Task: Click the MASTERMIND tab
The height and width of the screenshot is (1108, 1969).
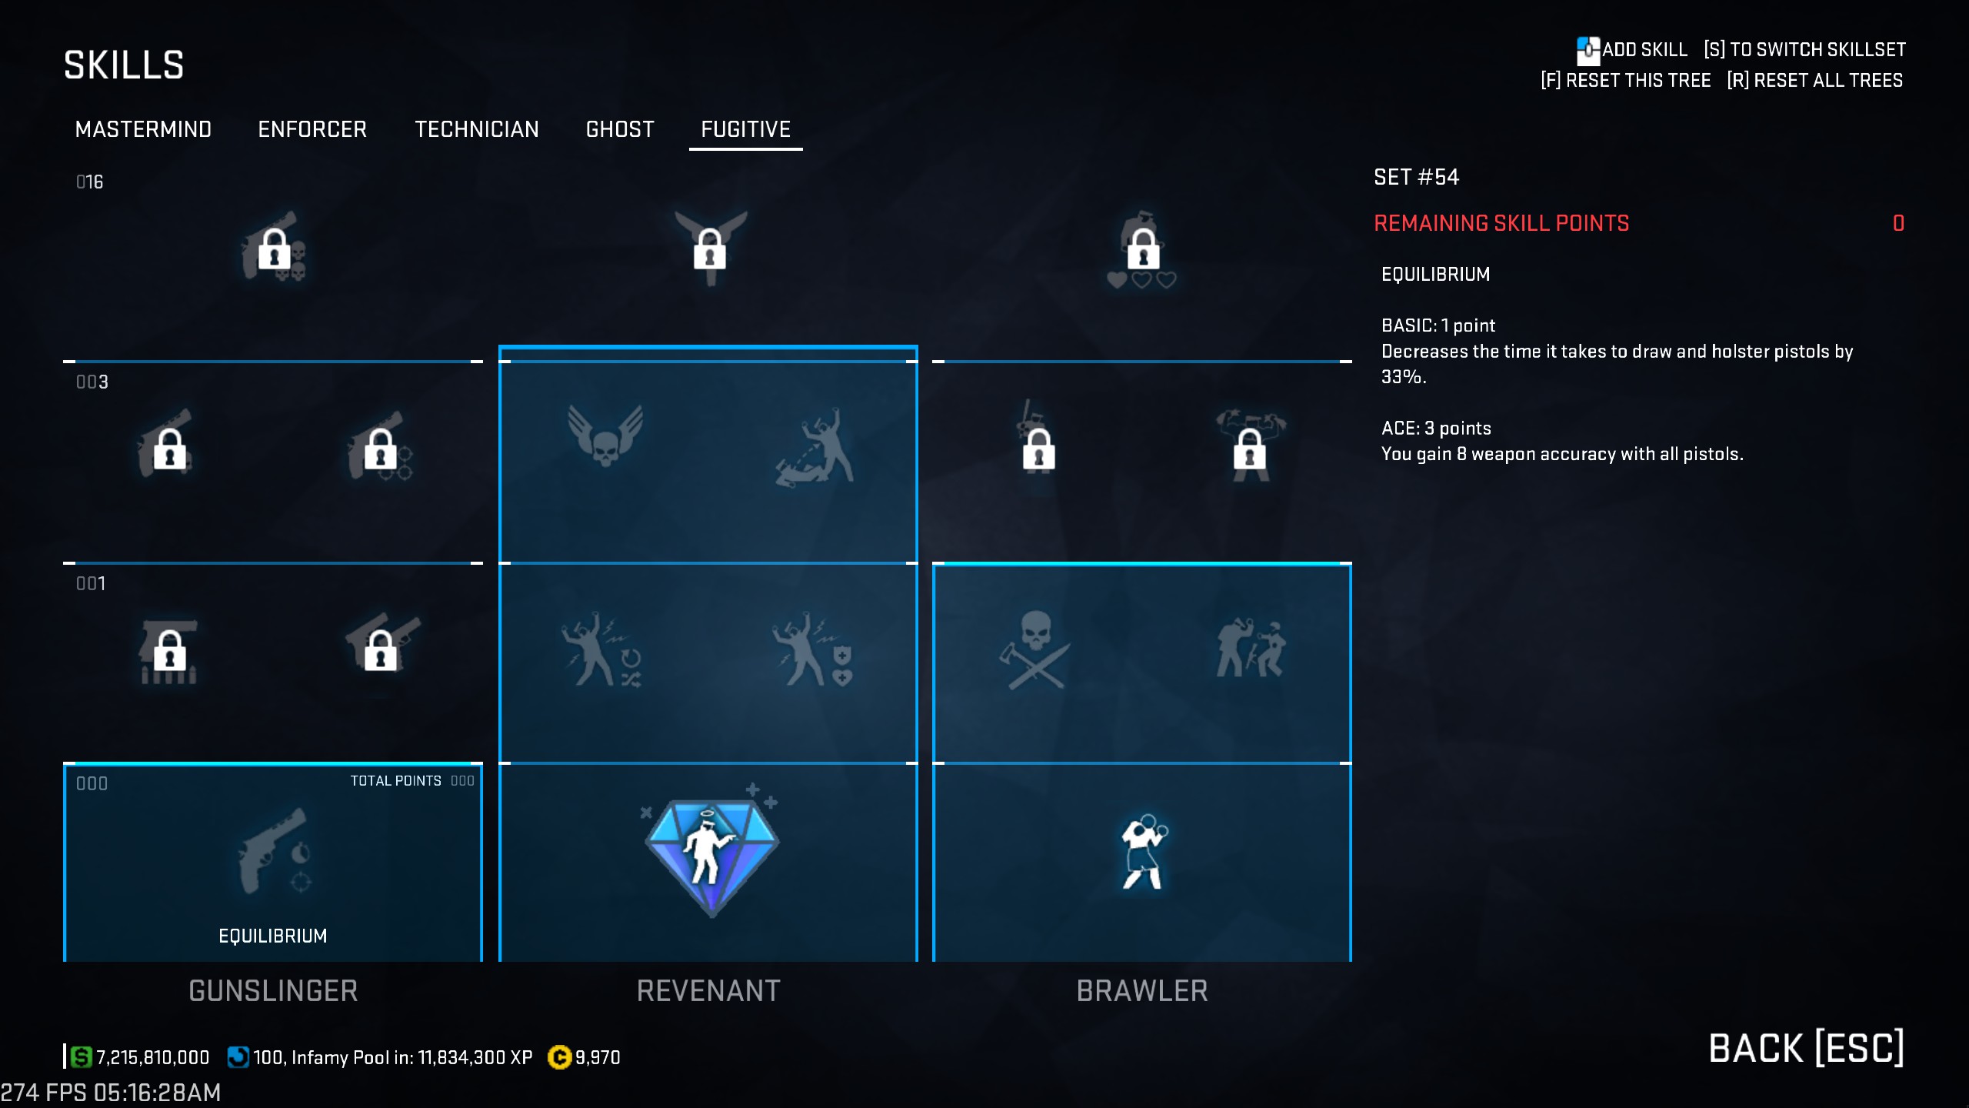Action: [x=143, y=129]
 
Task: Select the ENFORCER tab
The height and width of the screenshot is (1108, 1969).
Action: [x=312, y=129]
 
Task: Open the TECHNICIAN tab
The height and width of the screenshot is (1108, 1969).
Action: [x=477, y=129]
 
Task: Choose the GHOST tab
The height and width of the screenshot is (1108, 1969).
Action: [x=620, y=129]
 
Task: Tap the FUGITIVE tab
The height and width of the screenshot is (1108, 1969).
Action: [x=745, y=129]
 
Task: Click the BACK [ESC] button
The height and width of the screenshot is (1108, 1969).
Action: [x=1806, y=1049]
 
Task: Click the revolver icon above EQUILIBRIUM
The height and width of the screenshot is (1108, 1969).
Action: [x=273, y=850]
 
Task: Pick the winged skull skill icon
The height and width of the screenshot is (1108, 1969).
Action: [x=605, y=436]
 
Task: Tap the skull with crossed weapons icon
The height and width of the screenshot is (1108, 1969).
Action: [x=1035, y=650]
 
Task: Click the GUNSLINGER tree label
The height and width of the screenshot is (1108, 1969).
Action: [x=273, y=991]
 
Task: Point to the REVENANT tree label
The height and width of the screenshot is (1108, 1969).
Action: [x=708, y=991]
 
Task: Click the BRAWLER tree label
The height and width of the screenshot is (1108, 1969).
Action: [x=1142, y=991]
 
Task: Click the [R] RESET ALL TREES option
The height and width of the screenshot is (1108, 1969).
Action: [x=1815, y=81]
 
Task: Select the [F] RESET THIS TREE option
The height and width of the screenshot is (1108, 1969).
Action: [x=1626, y=81]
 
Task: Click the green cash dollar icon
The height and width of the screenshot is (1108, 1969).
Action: [x=81, y=1057]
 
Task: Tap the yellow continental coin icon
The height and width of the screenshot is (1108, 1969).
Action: [x=559, y=1058]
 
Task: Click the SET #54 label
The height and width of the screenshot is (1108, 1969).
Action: [x=1416, y=178]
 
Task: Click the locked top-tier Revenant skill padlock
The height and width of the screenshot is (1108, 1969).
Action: [x=710, y=249]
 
